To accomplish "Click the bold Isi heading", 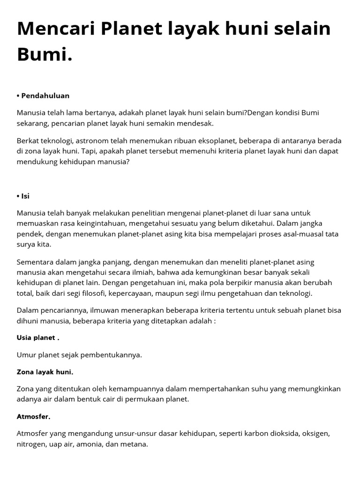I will coord(23,196).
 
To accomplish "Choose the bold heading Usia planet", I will coord(38,337).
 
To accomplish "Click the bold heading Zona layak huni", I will coord(45,372).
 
